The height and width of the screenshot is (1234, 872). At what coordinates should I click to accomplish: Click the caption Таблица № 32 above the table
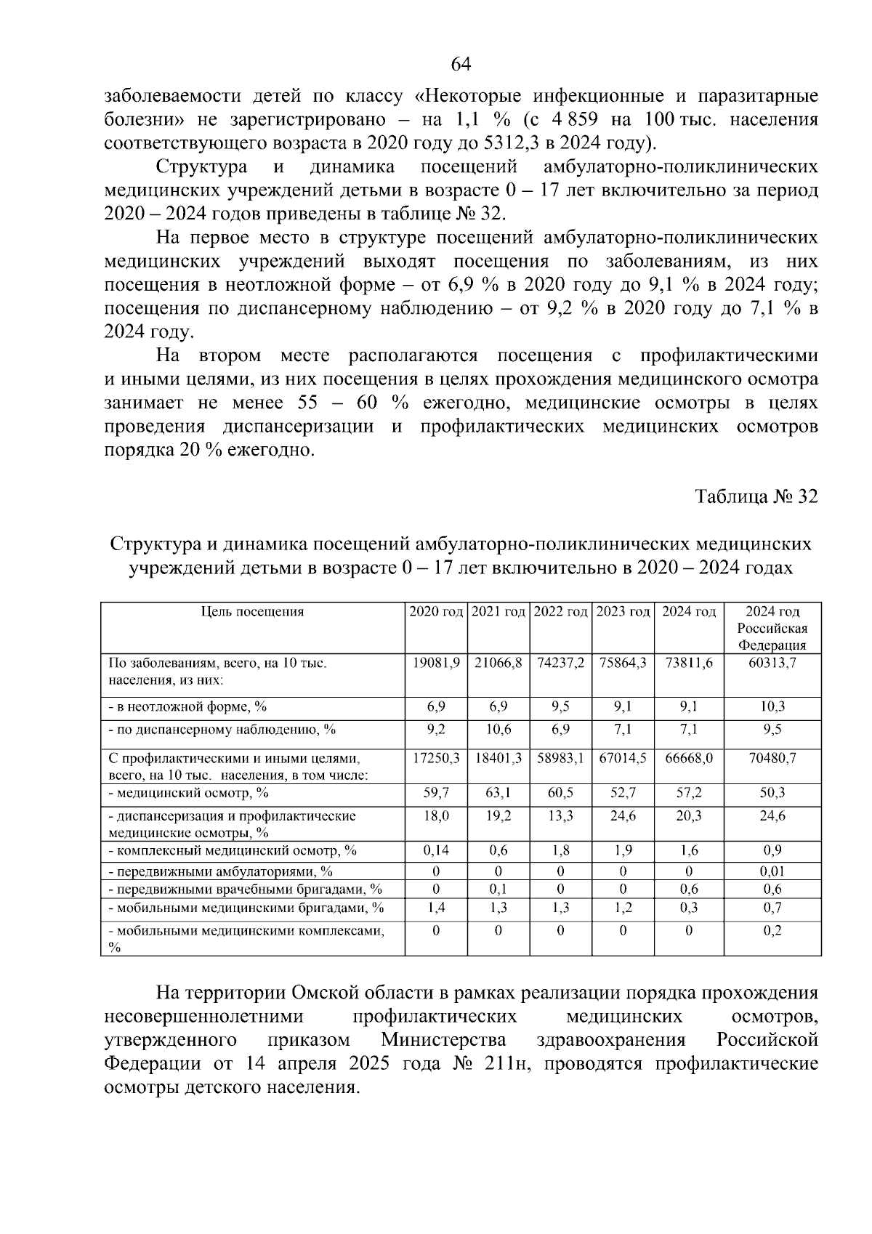(x=756, y=496)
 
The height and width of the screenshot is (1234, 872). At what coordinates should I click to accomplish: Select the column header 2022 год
(x=560, y=612)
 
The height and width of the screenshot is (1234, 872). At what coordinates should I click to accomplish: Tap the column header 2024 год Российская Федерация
(x=772, y=628)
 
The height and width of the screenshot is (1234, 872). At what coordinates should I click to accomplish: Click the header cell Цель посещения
(x=252, y=612)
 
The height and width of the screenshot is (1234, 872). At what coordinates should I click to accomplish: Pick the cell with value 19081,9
(x=436, y=663)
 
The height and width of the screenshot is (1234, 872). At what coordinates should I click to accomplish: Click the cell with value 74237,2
(x=560, y=663)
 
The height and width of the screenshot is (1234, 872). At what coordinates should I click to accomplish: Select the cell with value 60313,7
(x=772, y=663)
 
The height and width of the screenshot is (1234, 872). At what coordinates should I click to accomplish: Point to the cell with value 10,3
(x=772, y=706)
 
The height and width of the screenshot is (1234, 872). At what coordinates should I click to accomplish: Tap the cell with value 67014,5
(x=623, y=758)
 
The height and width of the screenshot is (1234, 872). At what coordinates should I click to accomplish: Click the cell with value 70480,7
(x=772, y=758)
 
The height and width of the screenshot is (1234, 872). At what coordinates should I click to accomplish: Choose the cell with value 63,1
(x=498, y=793)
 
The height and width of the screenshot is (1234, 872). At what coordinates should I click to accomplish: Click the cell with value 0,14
(x=436, y=850)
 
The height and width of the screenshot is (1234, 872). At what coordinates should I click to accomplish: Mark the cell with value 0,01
(x=772, y=871)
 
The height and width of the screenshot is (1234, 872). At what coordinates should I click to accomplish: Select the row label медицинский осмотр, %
(x=189, y=793)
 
